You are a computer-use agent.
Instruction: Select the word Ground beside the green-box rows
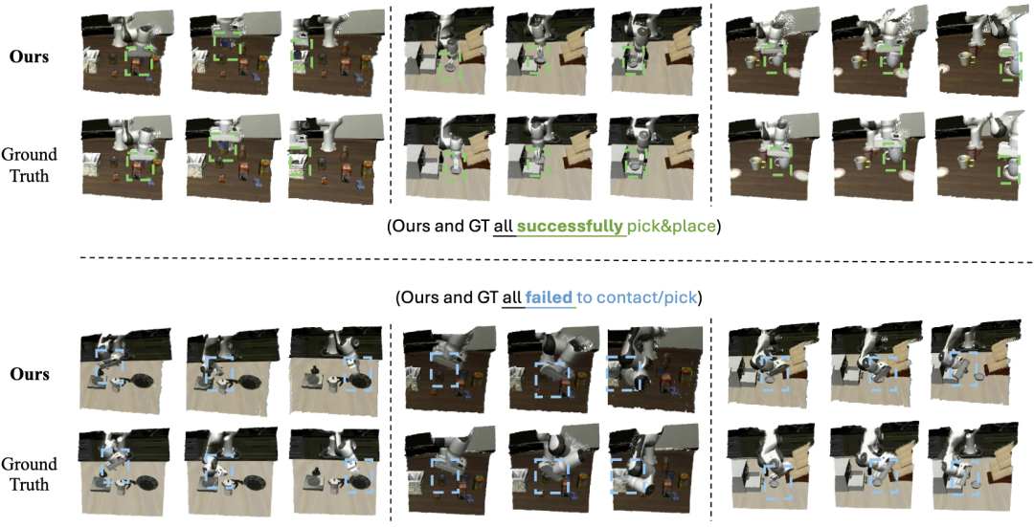[x=30, y=154]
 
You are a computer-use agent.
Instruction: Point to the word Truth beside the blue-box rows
[x=30, y=485]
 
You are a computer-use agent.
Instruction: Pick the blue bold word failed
[x=549, y=297]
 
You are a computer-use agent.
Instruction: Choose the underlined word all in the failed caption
[x=511, y=297]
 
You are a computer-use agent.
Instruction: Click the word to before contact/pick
[x=583, y=298]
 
